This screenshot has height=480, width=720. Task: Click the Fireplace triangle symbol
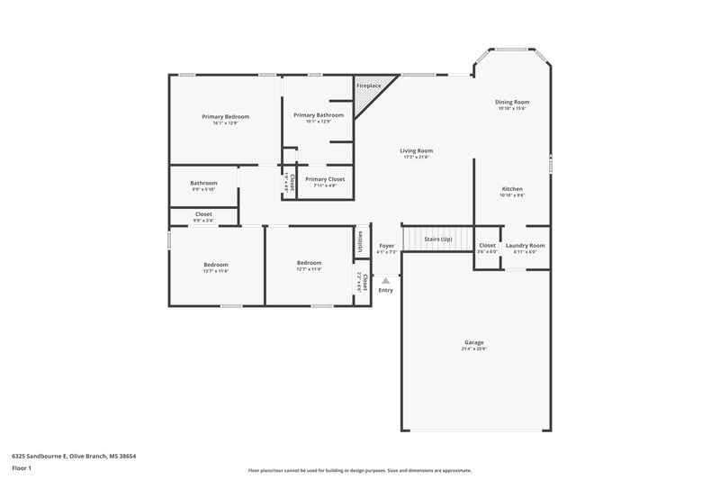365,95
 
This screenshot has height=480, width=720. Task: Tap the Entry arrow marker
386,281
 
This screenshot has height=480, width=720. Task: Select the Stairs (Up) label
438,240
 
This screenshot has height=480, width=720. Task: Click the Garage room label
474,342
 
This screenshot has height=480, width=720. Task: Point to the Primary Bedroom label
225,116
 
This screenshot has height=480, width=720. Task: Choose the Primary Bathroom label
319,115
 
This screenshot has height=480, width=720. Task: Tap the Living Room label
417,150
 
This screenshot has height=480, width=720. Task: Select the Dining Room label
512,103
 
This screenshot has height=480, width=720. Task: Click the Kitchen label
512,189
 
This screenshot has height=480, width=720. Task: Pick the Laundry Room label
526,245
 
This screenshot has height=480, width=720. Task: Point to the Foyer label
387,245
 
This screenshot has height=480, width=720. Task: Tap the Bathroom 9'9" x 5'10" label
203,183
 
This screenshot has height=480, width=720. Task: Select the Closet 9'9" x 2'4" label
203,213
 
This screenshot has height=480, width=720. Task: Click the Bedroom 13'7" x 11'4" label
216,264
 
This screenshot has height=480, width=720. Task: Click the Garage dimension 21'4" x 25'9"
474,349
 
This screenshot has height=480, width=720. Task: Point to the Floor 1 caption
22,469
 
